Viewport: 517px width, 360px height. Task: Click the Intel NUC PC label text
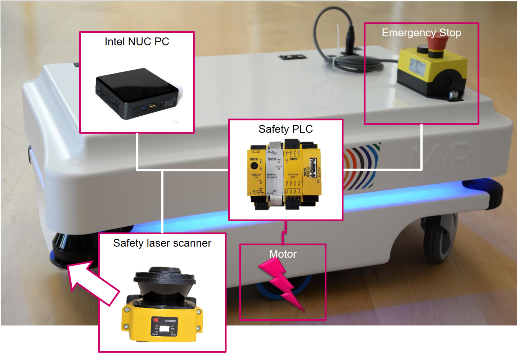[137, 42]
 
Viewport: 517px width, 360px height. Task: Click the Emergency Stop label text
[421, 33]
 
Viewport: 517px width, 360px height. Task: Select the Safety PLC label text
[286, 129]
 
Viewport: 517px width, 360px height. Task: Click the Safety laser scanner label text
[162, 243]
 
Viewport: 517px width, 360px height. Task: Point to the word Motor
[283, 254]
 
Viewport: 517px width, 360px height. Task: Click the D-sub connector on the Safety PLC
[313, 168]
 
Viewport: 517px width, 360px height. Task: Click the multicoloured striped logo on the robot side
[362, 166]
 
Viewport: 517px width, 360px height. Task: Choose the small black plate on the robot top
[292, 57]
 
